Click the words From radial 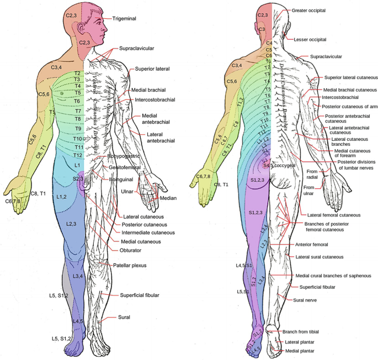pos(312,174)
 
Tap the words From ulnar pos(312,191)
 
